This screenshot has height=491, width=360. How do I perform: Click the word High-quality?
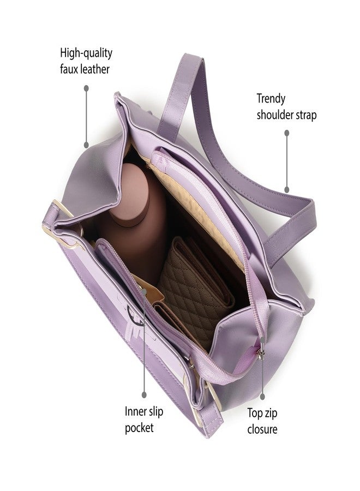coord(86,53)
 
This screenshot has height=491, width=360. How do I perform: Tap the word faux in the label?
coord(69,69)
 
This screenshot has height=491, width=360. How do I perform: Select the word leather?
coord(95,69)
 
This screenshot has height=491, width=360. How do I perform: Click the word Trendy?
coord(271,99)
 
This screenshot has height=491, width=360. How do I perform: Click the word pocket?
coord(139,428)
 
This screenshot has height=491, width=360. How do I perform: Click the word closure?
coord(262,429)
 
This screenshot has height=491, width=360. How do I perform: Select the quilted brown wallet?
coord(196,285)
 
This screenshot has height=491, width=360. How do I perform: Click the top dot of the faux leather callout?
coord(86,88)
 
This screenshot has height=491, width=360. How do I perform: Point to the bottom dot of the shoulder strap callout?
coord(287,189)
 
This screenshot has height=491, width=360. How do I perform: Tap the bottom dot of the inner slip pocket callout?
coord(144,394)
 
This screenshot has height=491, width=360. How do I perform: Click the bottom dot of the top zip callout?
coord(262,397)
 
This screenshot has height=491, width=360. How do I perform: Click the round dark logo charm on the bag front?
coord(135,314)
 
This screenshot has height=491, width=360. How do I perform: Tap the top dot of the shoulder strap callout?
coord(287,133)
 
